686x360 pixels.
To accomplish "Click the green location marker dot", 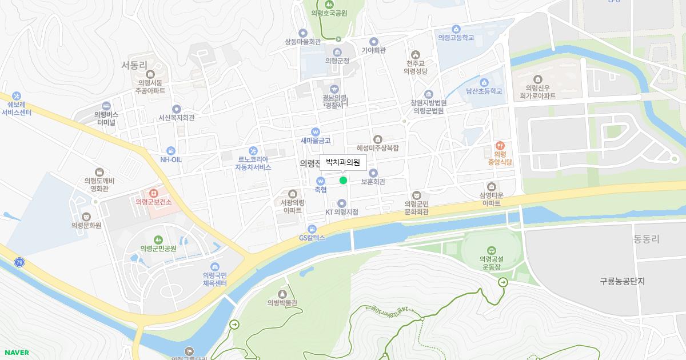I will click(343, 181).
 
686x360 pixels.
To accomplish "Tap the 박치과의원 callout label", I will click(343, 162).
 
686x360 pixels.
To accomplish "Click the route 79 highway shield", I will click(20, 262).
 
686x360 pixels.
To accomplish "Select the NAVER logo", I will click(17, 353).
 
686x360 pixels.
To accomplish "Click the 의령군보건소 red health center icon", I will click(153, 194).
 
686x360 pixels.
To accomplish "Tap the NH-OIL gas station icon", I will click(170, 150).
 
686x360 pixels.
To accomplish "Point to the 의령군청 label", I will click(337, 61).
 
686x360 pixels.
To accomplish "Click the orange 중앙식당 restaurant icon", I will click(500, 146).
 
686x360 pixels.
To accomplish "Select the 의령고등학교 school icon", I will click(456, 29).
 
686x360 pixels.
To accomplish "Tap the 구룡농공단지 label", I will click(622, 281).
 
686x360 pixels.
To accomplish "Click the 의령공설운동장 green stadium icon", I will click(491, 250).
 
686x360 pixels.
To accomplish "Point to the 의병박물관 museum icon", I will click(282, 294).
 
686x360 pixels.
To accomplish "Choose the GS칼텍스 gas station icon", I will click(312, 229).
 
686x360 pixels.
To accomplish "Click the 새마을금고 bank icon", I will click(316, 131).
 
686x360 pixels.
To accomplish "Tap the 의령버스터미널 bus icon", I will click(106, 106).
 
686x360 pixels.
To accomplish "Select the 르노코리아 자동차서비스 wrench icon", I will click(253, 151).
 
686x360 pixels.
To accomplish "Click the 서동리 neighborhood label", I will click(134, 65).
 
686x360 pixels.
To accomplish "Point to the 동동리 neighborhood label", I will click(647, 239).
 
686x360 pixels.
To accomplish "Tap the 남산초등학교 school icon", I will click(484, 82).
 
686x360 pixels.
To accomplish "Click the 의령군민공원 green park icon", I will click(158, 239).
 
